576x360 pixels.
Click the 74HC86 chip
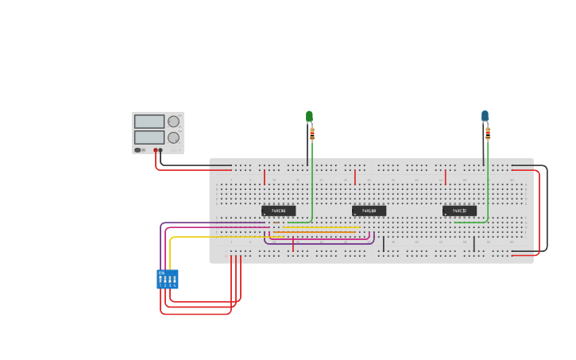point(278,211)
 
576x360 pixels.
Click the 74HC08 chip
point(369,211)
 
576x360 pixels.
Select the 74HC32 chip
point(459,211)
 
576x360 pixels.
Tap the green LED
point(309,117)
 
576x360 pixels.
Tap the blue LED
point(485,116)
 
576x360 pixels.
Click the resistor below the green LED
point(312,134)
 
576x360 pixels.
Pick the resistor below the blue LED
point(488,133)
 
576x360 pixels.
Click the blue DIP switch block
point(168,279)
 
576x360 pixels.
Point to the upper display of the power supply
point(149,122)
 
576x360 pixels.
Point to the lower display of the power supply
point(149,137)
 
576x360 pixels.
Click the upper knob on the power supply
point(173,122)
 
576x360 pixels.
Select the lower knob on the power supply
point(173,137)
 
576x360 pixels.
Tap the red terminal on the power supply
point(156,150)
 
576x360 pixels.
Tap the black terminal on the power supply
point(160,150)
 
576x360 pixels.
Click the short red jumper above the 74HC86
point(265,176)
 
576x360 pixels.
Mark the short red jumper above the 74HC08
point(355,176)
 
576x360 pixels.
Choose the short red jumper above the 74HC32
point(445,176)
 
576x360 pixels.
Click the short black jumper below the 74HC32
point(474,244)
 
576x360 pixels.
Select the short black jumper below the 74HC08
point(384,244)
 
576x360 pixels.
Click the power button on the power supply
point(137,149)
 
